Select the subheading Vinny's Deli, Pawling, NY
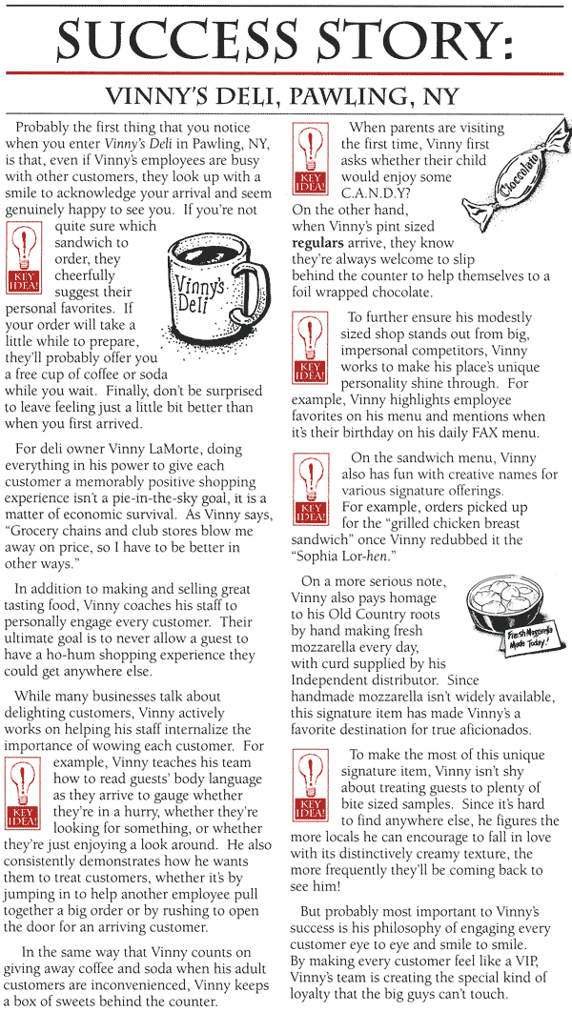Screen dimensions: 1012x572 (x=285, y=97)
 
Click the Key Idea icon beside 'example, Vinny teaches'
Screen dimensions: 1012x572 (x=24, y=791)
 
